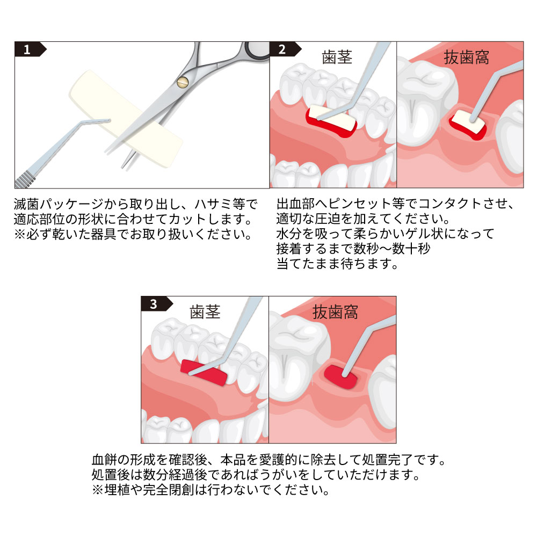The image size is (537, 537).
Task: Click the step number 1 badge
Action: tap(30, 49)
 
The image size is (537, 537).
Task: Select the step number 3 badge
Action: tap(156, 304)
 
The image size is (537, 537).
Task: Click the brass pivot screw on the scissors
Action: tap(183, 82)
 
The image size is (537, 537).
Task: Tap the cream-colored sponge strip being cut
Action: tap(125, 118)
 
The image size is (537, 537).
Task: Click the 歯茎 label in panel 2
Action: tap(337, 57)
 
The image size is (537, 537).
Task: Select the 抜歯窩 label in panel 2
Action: tap(466, 57)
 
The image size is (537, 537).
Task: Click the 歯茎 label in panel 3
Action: tap(205, 311)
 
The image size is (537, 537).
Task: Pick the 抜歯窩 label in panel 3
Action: tap(335, 311)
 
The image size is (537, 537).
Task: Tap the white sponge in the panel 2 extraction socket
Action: tap(467, 122)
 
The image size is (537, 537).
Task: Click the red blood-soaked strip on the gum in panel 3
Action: tap(204, 372)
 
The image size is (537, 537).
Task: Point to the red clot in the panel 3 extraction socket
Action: tap(340, 377)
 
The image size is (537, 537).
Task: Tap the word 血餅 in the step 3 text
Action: tap(105, 460)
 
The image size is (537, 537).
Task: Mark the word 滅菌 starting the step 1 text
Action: tap(26, 204)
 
